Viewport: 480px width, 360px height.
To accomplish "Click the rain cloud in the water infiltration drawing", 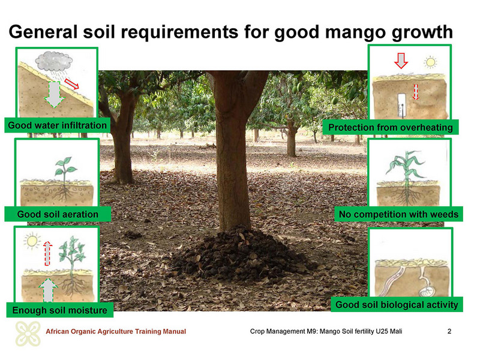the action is click(x=54, y=61).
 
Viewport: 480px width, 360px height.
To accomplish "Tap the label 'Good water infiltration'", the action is click(x=57, y=125).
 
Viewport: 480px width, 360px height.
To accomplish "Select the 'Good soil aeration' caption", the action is click(x=58, y=214).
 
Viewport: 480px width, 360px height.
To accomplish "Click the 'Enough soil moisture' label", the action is click(x=59, y=310).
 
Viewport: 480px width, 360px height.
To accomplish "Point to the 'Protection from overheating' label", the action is click(x=391, y=127).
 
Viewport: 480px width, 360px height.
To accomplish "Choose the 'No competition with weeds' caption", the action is click(x=398, y=214).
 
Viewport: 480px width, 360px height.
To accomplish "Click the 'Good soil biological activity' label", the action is click(x=397, y=305).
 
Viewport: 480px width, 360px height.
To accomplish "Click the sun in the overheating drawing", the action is click(x=430, y=62).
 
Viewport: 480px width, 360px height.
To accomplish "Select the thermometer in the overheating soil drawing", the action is click(x=401, y=106).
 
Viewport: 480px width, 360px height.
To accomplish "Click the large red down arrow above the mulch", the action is click(x=401, y=61).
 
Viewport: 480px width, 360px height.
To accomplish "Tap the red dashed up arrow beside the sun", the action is click(x=47, y=253).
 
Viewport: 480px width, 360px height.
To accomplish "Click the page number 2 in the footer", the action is click(x=449, y=331).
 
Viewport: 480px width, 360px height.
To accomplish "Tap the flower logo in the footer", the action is click(x=28, y=334).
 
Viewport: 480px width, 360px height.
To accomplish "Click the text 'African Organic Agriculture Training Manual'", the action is click(x=116, y=331).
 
